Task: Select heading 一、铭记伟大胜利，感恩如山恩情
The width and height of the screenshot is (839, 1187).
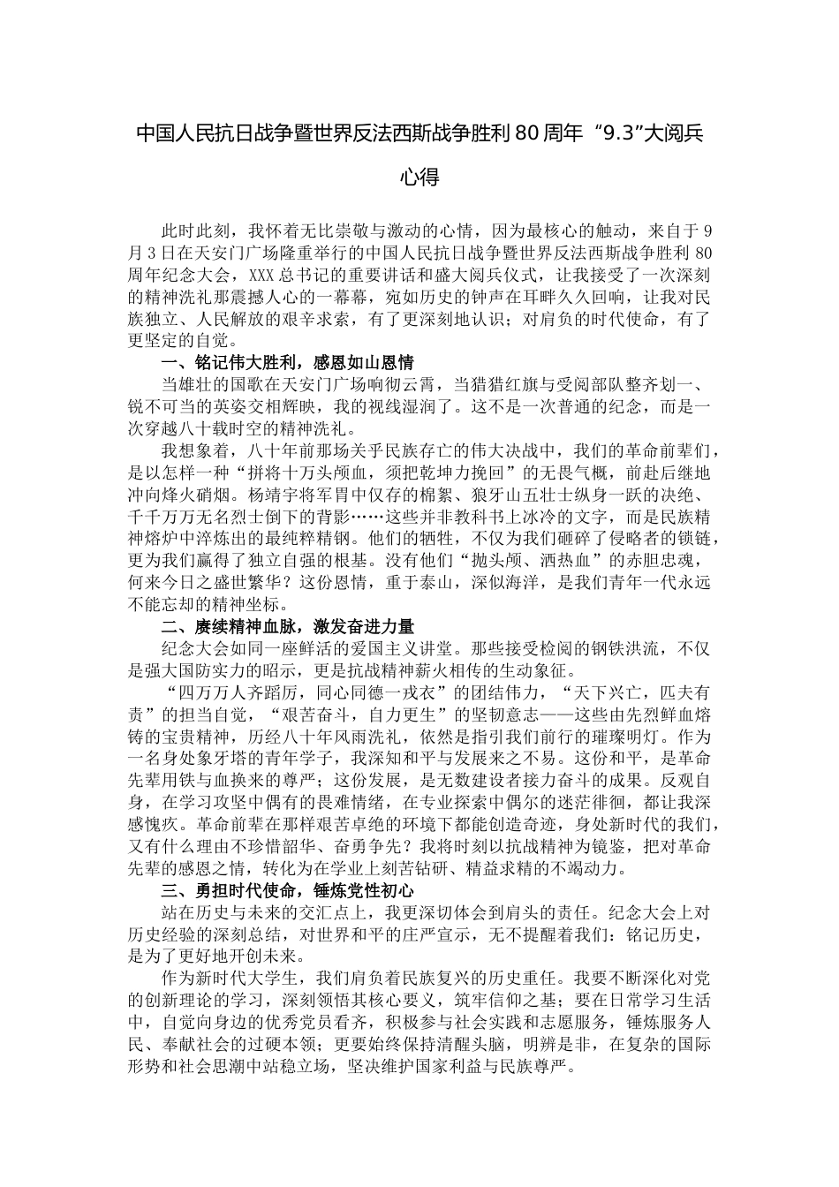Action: pos(287,363)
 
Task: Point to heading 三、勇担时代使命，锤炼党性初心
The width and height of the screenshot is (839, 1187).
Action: pos(287,889)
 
